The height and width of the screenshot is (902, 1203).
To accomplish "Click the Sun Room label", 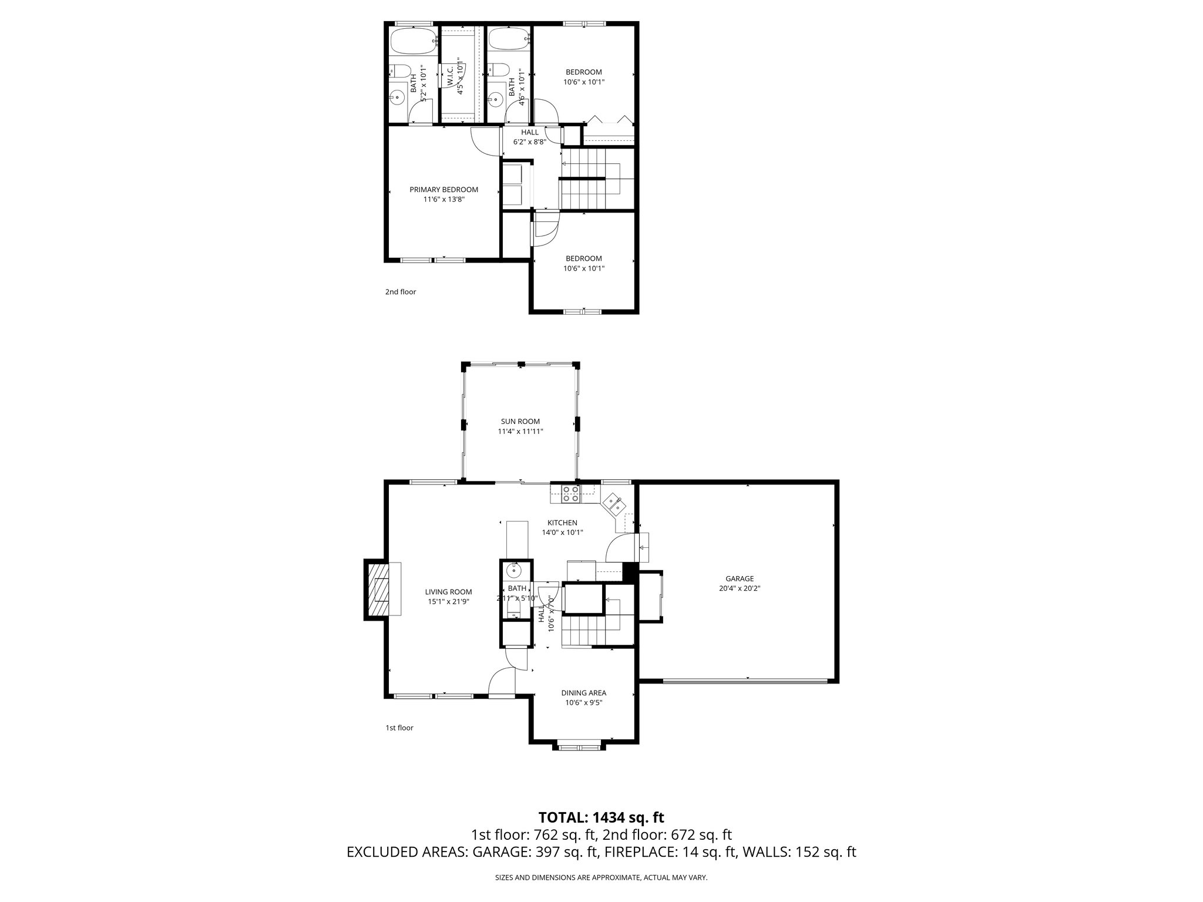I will tap(520, 421).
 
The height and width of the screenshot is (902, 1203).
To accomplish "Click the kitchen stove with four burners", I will tap(570, 494).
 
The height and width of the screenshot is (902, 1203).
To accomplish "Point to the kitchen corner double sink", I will tap(614, 503).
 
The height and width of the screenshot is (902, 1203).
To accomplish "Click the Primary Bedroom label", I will tap(443, 190).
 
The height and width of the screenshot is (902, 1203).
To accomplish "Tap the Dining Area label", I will tap(583, 692).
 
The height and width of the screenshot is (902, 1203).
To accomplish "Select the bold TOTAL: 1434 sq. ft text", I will tap(601, 817).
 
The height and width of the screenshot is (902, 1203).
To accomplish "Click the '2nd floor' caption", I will tap(401, 292).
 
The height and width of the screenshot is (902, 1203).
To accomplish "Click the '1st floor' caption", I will tap(399, 728).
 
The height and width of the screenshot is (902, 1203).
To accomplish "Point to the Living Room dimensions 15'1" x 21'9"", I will tap(448, 601).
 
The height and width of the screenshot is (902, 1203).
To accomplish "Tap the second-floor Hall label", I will tap(529, 132).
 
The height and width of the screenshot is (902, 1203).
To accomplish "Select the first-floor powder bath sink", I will tap(515, 569).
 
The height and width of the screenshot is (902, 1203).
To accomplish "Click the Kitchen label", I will tap(562, 523).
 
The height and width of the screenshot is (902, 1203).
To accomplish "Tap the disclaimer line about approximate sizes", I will tap(601, 878).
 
